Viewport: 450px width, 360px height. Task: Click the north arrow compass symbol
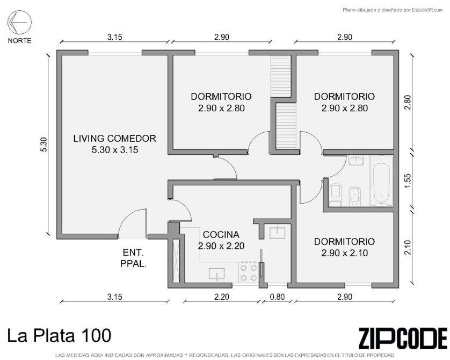(19, 22)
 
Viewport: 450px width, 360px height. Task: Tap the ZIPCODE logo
(403, 338)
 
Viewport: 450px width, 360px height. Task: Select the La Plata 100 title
(59, 336)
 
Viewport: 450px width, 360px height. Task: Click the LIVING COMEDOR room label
(115, 139)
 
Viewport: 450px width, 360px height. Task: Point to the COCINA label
(221, 235)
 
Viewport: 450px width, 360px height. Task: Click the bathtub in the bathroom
(381, 181)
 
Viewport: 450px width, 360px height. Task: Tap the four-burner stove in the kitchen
(249, 272)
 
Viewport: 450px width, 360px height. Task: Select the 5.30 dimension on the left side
(43, 145)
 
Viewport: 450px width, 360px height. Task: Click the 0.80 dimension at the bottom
(277, 297)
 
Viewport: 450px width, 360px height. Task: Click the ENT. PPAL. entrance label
(134, 258)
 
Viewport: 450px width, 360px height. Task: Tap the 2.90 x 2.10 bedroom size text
(344, 253)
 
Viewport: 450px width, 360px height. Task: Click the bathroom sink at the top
(356, 160)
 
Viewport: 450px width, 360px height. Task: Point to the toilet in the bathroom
(335, 195)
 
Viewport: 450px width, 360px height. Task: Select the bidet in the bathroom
(355, 196)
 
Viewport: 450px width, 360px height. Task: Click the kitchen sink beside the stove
(217, 274)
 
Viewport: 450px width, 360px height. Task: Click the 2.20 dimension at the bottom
(222, 297)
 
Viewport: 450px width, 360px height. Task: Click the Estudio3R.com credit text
(393, 10)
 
